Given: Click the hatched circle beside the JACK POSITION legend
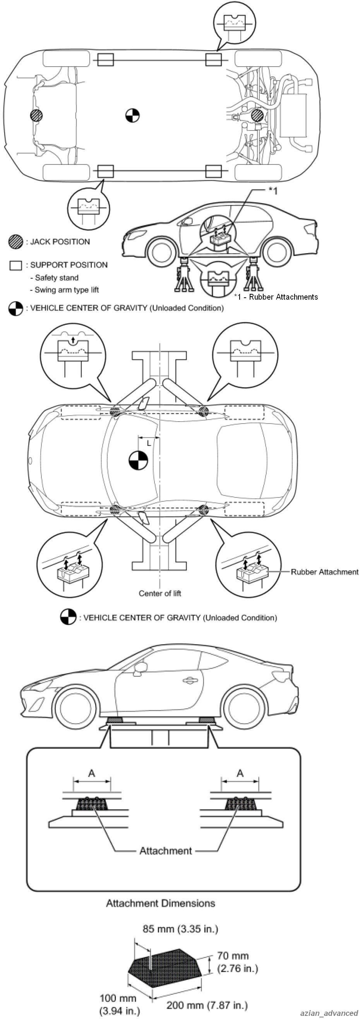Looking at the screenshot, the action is (15, 242).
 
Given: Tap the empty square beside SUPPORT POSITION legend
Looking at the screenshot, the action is (15, 266).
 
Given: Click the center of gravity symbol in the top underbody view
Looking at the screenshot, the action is (132, 115).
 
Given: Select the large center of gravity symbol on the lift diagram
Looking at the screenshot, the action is (139, 461).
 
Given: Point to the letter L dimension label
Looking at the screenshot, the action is (149, 443).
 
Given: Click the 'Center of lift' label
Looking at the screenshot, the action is (160, 594).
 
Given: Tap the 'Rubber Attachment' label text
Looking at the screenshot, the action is (324, 572).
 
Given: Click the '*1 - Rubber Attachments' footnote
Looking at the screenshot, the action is (276, 297).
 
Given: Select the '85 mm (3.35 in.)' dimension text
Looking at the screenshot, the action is (180, 929).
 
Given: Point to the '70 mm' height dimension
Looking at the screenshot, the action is (233, 956).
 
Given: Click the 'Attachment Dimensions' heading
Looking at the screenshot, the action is (161, 903).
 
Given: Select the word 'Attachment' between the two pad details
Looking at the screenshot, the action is (166, 851).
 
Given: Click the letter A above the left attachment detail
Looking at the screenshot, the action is (92, 772).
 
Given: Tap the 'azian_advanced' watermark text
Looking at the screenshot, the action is (329, 1013).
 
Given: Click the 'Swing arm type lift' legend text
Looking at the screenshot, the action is (67, 290).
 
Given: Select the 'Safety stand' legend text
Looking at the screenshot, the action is (57, 278).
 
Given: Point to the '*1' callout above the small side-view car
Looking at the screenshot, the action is (273, 191).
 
